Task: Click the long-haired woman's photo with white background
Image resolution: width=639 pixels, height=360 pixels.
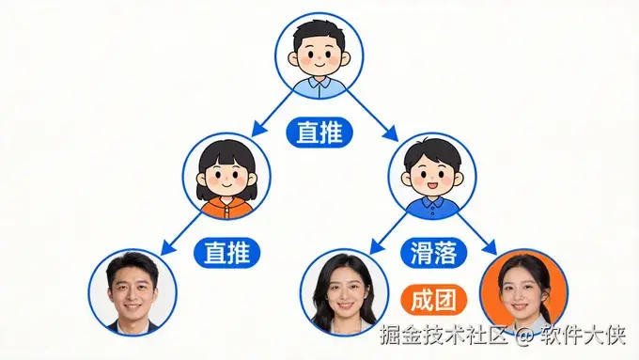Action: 344,292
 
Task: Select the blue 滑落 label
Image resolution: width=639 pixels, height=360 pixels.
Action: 434,252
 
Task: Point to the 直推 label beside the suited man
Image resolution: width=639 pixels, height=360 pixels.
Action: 226,252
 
